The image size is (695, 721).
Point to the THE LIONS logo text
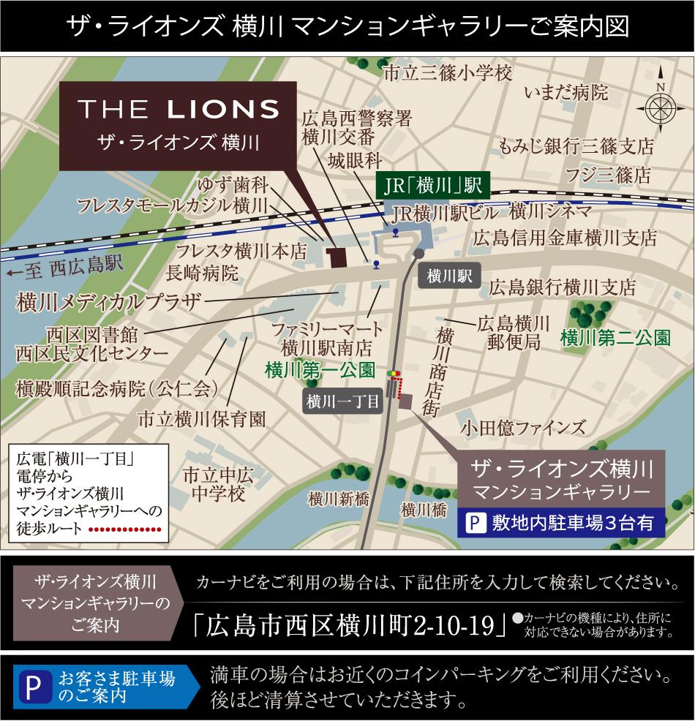pos(179,110)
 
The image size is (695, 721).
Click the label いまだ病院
pos(566,92)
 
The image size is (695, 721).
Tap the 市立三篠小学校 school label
pos(448,73)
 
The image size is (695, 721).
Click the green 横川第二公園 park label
pos(615,338)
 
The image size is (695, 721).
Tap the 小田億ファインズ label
pos(523,427)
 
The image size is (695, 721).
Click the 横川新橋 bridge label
pos(339,499)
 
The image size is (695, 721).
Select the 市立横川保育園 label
pos(202,420)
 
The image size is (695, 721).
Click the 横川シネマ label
pos(550,212)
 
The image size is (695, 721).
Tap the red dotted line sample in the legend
pos(125,529)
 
